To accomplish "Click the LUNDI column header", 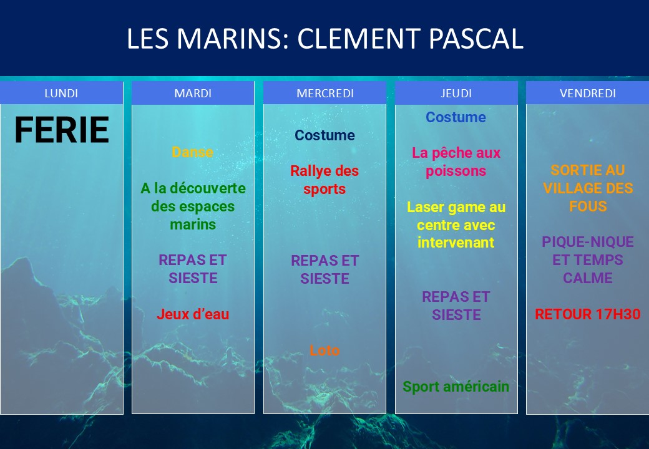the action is [x=61, y=93].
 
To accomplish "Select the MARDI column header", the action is [x=193, y=93].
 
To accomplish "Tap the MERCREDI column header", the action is [x=325, y=93].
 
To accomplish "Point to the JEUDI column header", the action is [x=456, y=93].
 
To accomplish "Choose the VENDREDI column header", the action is [x=588, y=93].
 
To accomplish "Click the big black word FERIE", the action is [x=62, y=130].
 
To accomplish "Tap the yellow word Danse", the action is [x=192, y=152].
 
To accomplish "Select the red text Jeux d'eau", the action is [x=193, y=314].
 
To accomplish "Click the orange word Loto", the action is [x=324, y=350].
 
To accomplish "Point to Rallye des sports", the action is [x=324, y=180].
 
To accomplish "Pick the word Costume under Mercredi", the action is [x=324, y=135].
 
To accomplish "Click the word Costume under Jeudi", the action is [x=456, y=117].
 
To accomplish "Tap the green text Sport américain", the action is [x=456, y=387].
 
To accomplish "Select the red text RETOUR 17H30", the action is [x=588, y=314].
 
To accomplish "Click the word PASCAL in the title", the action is [x=476, y=39].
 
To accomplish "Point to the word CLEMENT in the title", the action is [x=359, y=39].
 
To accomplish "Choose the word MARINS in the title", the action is [x=232, y=39].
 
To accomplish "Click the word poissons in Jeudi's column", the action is [x=456, y=171].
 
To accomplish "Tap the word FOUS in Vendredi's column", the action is [x=588, y=206].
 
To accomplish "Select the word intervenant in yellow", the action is [x=456, y=243].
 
